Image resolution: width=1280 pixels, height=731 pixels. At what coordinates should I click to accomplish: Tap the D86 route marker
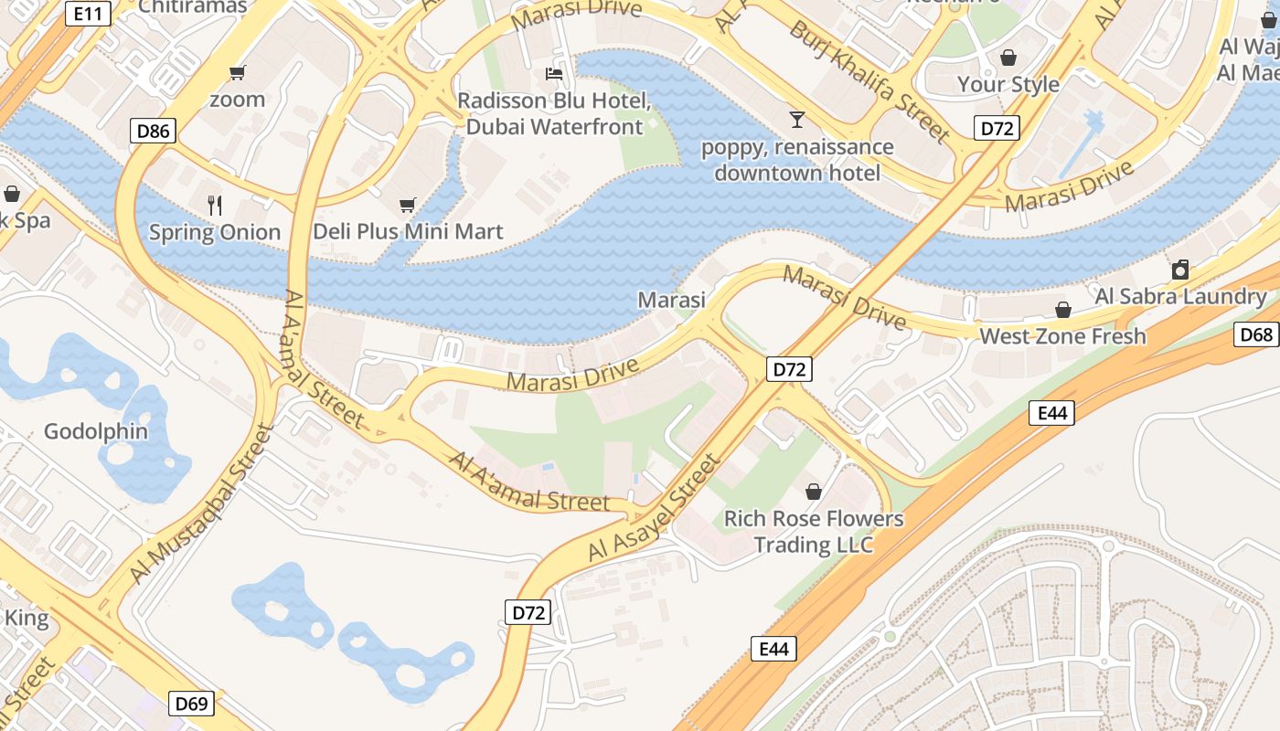(153, 132)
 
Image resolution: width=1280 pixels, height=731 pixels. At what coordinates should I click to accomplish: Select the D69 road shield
(191, 704)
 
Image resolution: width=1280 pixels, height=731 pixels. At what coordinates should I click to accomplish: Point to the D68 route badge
(1256, 334)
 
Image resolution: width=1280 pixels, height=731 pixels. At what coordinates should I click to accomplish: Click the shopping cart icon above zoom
(238, 73)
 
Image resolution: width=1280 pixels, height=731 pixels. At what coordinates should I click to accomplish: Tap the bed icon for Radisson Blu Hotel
(554, 73)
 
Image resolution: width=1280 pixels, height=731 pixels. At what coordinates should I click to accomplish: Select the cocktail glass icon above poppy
(797, 119)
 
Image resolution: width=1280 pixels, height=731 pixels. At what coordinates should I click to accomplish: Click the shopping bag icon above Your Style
(1008, 58)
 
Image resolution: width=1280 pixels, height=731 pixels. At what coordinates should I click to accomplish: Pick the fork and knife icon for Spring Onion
(215, 205)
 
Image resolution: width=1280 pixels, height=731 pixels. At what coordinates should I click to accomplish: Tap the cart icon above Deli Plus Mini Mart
(408, 206)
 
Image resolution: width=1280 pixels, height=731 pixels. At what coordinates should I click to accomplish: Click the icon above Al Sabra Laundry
(1180, 270)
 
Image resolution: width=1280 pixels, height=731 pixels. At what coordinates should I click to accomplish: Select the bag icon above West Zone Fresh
(1063, 310)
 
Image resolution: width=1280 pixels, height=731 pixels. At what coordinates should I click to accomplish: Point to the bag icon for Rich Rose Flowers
(814, 493)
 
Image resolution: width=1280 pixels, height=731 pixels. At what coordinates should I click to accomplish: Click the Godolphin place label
(96, 431)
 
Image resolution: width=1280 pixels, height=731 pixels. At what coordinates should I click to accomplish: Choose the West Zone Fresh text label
(1062, 336)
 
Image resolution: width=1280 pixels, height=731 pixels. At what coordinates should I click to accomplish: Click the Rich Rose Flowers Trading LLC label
(814, 532)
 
